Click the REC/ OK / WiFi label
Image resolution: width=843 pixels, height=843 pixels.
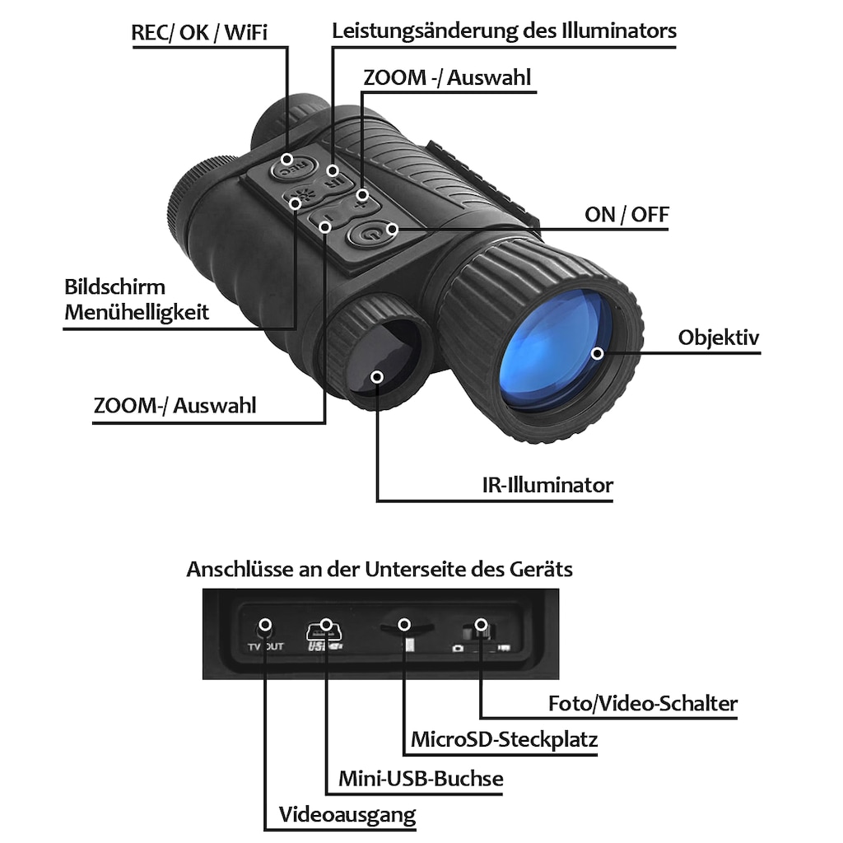point(199,32)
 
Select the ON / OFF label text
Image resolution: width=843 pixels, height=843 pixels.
point(626,215)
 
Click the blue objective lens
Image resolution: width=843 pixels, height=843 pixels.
point(556,350)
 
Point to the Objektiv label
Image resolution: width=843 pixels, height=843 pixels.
point(719,338)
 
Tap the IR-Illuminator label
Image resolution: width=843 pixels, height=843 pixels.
point(547,485)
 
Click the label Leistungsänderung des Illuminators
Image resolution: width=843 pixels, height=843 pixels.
point(504,30)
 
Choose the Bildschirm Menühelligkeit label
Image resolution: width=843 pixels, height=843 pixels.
point(137,300)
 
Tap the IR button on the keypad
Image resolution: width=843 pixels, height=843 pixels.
point(334,179)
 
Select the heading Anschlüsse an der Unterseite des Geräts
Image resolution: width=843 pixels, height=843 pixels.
point(380,569)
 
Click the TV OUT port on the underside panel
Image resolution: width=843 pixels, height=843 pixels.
point(264,630)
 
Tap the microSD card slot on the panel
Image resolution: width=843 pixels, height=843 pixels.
point(407,626)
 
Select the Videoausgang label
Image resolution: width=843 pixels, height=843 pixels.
point(347,814)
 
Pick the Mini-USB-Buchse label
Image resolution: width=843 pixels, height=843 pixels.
point(421,778)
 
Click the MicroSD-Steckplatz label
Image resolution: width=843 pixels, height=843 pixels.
point(505,739)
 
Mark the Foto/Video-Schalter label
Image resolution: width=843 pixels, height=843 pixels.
point(643,703)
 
